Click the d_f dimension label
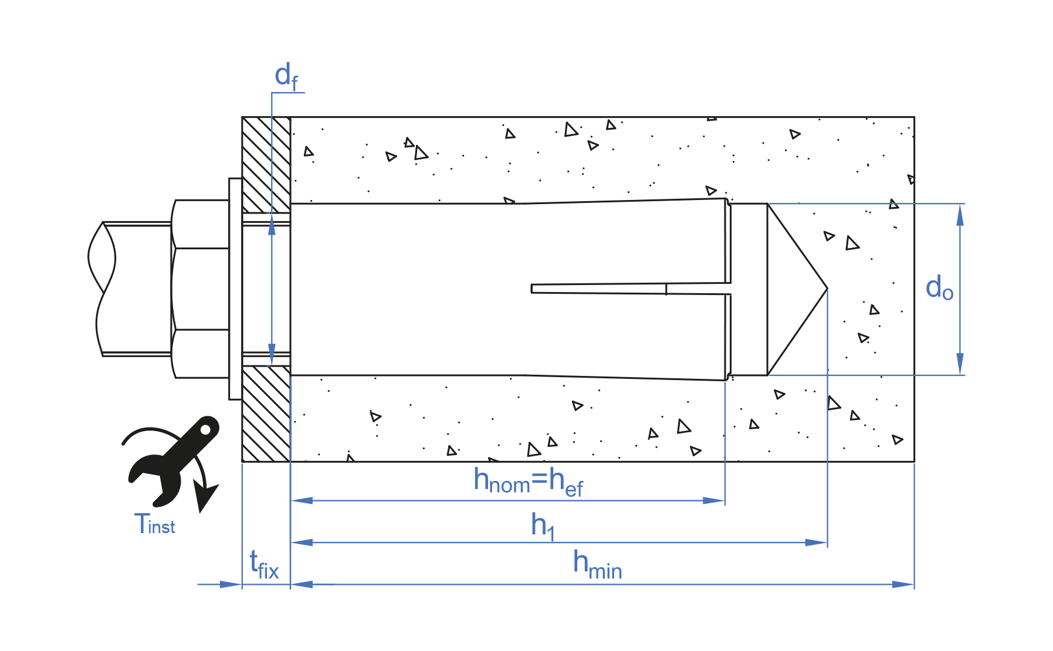tap(286, 76)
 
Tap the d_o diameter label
tap(939, 288)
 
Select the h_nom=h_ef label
tap(528, 482)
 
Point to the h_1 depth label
tap(543, 525)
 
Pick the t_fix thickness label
tap(264, 565)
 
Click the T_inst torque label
tap(154, 524)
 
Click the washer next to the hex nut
tap(235, 289)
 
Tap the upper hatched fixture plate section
tap(266, 164)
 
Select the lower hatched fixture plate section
tap(266, 413)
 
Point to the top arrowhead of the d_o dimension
tap(960, 215)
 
